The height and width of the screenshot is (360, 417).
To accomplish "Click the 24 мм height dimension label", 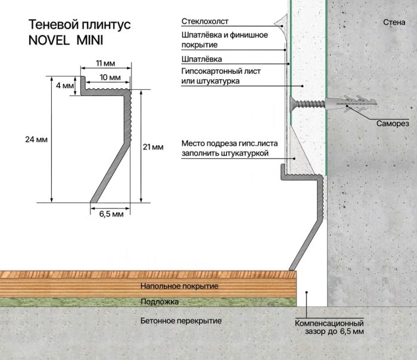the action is [36, 139].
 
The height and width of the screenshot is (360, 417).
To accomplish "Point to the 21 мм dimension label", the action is [153, 147].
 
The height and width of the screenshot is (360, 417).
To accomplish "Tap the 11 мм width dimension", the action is [105, 63].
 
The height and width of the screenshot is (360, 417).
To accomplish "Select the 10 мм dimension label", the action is [110, 77].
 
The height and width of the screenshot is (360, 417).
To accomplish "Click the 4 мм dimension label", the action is [64, 86].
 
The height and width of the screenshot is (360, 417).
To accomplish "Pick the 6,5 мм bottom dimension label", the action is [111, 214].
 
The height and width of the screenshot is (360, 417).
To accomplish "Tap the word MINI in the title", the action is [90, 40].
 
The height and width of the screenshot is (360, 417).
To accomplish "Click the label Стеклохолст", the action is [205, 21].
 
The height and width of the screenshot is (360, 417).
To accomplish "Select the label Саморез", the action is [393, 124].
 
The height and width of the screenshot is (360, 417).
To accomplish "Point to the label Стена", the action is [394, 23].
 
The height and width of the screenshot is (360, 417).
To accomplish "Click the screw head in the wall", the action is [291, 104].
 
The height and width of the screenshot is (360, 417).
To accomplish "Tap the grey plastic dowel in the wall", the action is [350, 103].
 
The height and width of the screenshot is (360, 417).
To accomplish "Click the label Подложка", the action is [160, 302].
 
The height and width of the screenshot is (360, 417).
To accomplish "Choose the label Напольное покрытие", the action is [179, 286].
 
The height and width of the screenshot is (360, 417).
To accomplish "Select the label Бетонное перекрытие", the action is [181, 321].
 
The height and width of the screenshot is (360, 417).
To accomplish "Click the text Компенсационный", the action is [329, 324].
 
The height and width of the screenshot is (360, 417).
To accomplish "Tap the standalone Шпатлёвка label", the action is [201, 59].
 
